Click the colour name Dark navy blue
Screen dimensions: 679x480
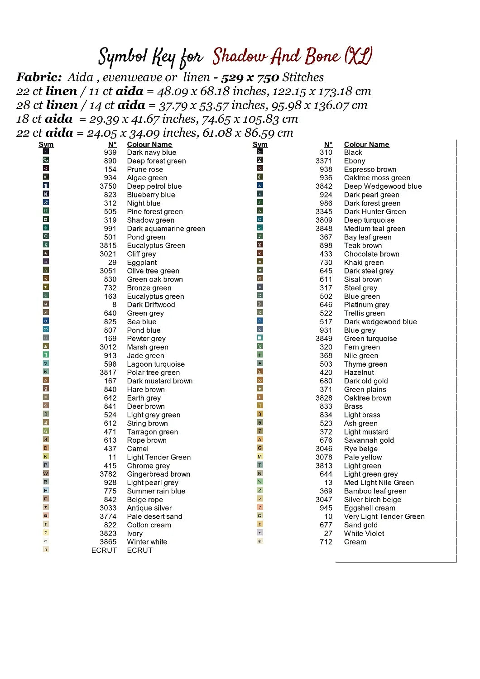151,153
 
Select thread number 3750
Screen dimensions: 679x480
108,186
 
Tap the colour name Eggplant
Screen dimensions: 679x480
142,263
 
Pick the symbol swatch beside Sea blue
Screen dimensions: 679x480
46,321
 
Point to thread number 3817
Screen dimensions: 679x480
108,373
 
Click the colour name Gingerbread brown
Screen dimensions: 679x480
158,474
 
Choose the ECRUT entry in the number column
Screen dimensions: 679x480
104,550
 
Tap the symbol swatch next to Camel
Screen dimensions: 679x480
46,448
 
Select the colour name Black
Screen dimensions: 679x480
353,153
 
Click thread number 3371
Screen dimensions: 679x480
324,161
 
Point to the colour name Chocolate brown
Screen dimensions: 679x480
371,254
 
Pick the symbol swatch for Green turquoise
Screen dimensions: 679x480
260,338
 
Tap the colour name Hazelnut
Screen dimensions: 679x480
359,373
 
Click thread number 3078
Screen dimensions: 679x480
324,457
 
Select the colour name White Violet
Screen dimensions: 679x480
364,534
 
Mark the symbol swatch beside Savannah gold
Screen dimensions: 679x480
260,440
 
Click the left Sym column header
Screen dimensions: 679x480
46,144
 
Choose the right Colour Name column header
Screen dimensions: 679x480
366,144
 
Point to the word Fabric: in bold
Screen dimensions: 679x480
39,77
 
